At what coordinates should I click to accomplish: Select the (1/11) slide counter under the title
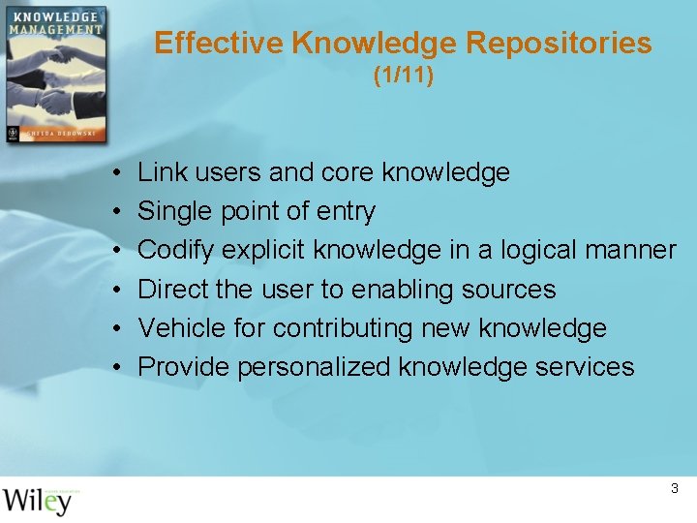click(404, 76)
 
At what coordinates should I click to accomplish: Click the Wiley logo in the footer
click(38, 500)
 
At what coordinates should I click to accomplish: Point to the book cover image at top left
click(54, 75)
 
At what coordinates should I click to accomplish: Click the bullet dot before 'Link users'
click(115, 173)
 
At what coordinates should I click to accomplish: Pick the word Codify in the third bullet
click(176, 250)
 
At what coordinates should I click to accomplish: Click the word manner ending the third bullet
click(630, 250)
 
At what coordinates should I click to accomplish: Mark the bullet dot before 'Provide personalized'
click(115, 367)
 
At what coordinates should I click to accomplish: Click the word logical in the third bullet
click(533, 250)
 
